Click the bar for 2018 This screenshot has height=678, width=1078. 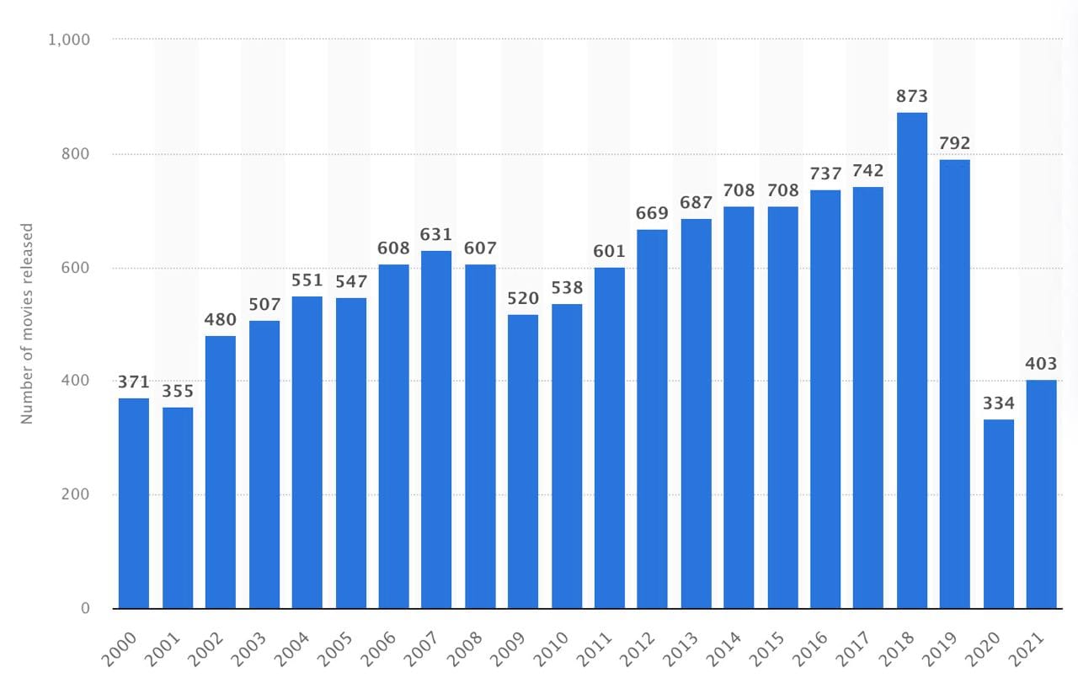point(911,360)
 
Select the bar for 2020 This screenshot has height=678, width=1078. point(998,514)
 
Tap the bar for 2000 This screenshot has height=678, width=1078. point(134,503)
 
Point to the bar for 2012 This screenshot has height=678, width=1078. point(653,419)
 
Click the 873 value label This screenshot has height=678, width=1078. point(911,97)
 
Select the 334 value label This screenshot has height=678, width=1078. point(998,403)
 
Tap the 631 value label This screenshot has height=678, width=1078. point(436,235)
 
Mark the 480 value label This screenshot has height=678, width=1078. point(221,320)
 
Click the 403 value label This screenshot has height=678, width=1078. point(1041,364)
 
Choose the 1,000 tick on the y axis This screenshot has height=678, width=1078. point(71,40)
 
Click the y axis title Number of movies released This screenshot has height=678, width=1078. point(27,323)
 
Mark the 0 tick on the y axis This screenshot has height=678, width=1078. point(85,608)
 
